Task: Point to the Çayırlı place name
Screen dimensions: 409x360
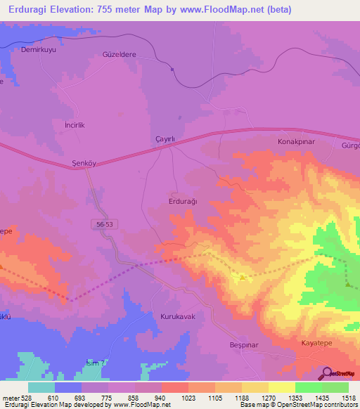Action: tap(164, 139)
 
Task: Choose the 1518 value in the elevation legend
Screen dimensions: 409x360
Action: tap(349, 398)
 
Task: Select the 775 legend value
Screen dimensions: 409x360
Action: tap(108, 398)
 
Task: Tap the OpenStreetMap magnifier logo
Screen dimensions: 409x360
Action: tap(326, 374)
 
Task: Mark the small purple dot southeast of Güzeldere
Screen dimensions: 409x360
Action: tap(172, 69)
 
